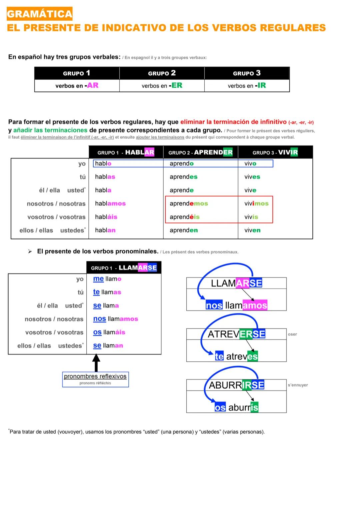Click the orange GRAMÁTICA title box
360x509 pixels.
pos(39,14)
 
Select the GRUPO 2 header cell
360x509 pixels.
pos(162,73)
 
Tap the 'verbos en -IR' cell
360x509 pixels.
pos(247,86)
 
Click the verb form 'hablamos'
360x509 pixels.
pos(110,204)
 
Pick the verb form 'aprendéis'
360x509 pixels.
pos(184,217)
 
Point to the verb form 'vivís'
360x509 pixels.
pos(251,217)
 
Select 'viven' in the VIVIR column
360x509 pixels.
pos(252,230)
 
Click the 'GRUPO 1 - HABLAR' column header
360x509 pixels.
pos(126,152)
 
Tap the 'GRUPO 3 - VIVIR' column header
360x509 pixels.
pos(275,152)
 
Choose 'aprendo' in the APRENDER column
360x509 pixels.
pos(181,164)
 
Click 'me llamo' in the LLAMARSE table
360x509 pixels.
pos(107,279)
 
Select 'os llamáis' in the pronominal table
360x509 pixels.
pos(109,332)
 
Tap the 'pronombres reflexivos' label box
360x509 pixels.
pos(95,379)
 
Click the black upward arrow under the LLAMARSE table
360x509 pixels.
pos(96,363)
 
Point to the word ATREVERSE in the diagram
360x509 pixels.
pos(236,334)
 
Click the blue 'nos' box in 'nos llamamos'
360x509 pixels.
pos(214,305)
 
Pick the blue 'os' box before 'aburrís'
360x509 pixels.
pos(220,407)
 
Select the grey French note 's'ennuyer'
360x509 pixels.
pos(298,385)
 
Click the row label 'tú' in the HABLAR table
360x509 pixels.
pos(82,177)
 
